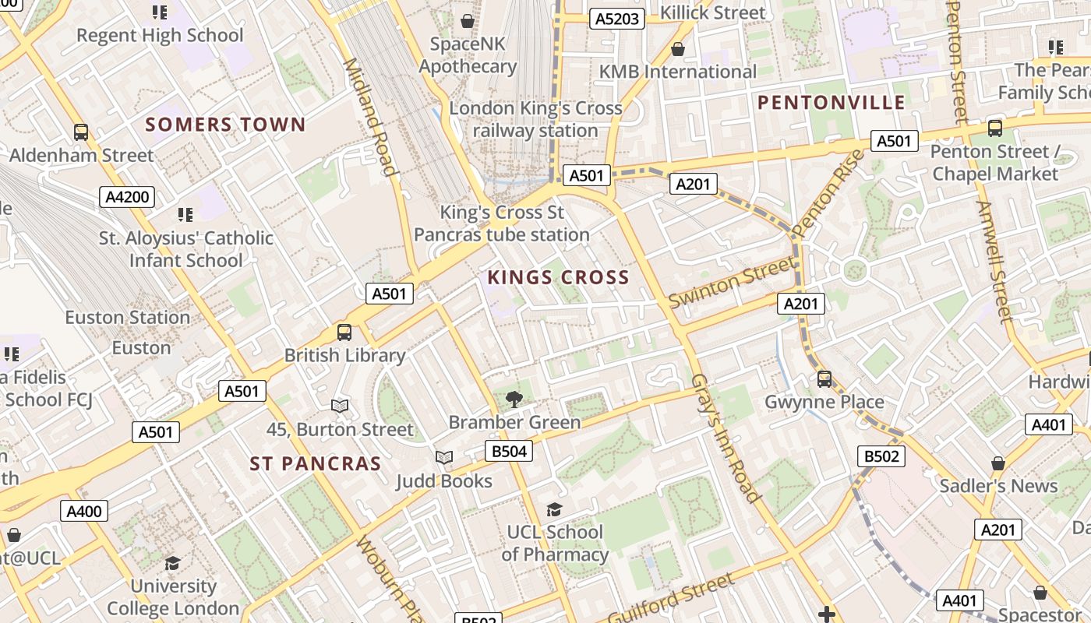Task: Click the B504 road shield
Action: pyautogui.click(x=510, y=451)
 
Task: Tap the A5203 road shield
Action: pyautogui.click(x=617, y=19)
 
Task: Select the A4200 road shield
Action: pyautogui.click(x=127, y=197)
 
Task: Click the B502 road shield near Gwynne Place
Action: pyautogui.click(x=881, y=456)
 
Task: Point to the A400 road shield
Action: pyautogui.click(x=84, y=512)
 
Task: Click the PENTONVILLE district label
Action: pyautogui.click(x=831, y=102)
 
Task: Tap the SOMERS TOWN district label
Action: pyautogui.click(x=225, y=125)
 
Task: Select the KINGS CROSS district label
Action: pyautogui.click(x=558, y=277)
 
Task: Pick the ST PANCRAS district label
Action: pyautogui.click(x=316, y=464)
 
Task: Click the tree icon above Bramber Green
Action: pyautogui.click(x=514, y=400)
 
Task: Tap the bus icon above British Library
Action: pyautogui.click(x=344, y=333)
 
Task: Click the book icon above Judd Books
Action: pyautogui.click(x=444, y=458)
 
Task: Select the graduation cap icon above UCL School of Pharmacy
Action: pyautogui.click(x=554, y=509)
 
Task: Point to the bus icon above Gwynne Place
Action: pyautogui.click(x=824, y=379)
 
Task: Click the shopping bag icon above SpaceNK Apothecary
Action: pyautogui.click(x=468, y=21)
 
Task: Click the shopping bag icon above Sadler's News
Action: pyautogui.click(x=998, y=463)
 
